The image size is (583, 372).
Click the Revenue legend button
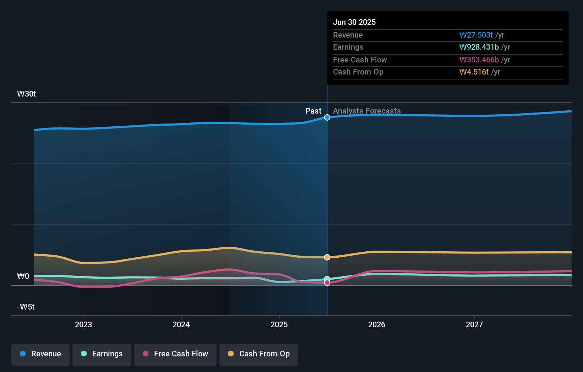pyautogui.click(x=40, y=354)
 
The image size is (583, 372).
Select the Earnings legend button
pyautogui.click(x=102, y=354)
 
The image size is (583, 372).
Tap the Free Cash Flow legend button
pyautogui.click(x=175, y=354)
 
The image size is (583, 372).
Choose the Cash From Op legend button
pyautogui.click(x=259, y=354)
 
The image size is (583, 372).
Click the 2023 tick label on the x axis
pyautogui.click(x=83, y=325)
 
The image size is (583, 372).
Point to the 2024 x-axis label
pyautogui.click(x=181, y=325)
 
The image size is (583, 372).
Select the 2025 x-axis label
pyautogui.click(x=279, y=325)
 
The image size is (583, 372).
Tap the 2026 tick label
pyautogui.click(x=377, y=325)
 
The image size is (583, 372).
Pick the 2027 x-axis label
pyautogui.click(x=474, y=325)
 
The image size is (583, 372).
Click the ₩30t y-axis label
pyautogui.click(x=27, y=94)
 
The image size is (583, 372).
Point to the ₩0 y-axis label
pyautogui.click(x=23, y=277)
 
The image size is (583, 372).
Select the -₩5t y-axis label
pyautogui.click(x=26, y=307)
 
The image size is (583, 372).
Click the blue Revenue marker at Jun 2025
pyautogui.click(x=327, y=117)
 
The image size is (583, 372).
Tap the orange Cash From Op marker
pyautogui.click(x=327, y=257)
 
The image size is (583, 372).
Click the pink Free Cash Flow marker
pyautogui.click(x=327, y=283)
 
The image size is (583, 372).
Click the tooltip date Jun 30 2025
pyautogui.click(x=354, y=22)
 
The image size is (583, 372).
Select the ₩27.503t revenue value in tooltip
pyautogui.click(x=476, y=35)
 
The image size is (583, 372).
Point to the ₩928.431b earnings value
pyautogui.click(x=479, y=47)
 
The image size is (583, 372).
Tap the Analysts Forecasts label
pyautogui.click(x=367, y=111)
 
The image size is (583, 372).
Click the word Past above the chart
pyautogui.click(x=313, y=111)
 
